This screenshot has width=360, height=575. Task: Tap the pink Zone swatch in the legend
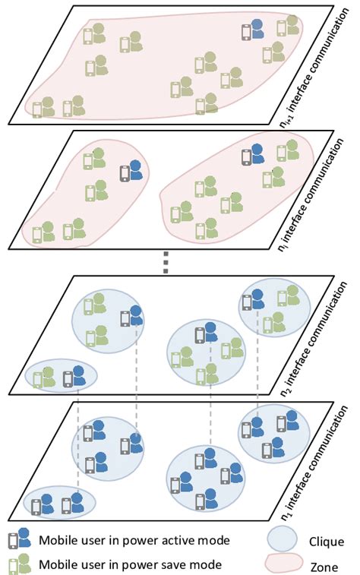click(x=281, y=563)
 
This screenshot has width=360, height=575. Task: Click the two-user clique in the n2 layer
click(x=62, y=375)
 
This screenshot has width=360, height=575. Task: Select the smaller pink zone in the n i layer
click(x=84, y=199)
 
